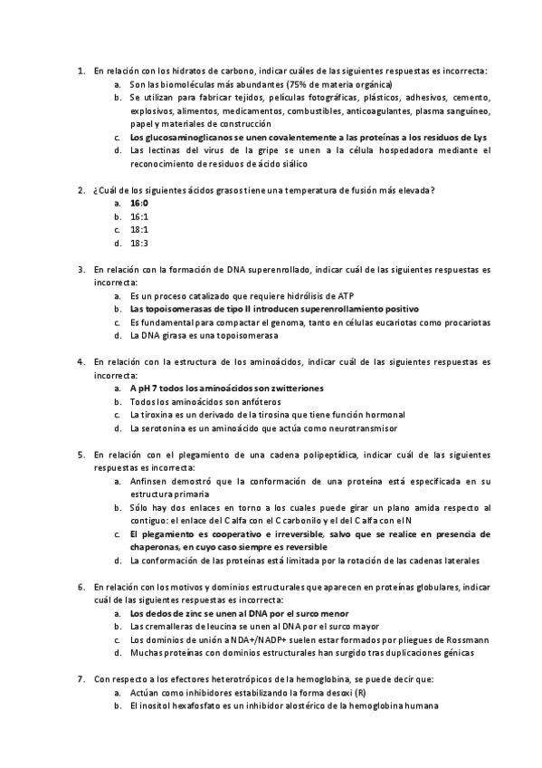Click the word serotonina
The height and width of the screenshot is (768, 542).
164,428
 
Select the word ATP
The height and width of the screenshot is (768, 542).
346,295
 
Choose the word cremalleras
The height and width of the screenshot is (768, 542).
169,626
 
